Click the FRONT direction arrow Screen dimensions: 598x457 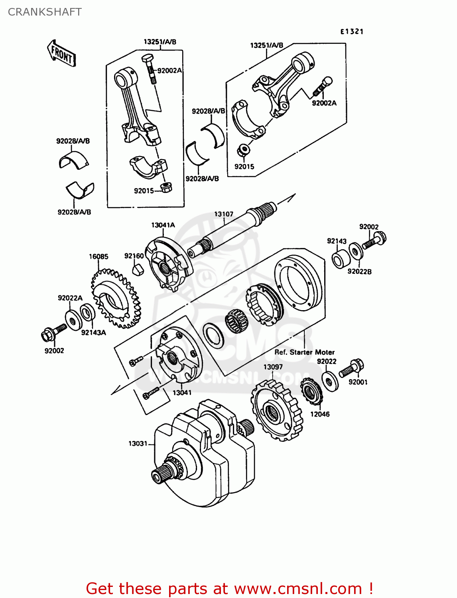click(61, 53)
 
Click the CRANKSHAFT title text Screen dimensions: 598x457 click(45, 12)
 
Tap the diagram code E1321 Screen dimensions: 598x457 click(351, 31)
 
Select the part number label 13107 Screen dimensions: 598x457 click(223, 214)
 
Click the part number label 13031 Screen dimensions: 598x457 click(138, 443)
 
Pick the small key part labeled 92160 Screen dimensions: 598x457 click(138, 269)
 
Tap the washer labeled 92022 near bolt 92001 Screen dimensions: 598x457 click(329, 381)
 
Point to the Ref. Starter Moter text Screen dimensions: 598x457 click(304, 352)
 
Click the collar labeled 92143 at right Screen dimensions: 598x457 click(341, 259)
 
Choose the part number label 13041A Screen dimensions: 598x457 click(163, 225)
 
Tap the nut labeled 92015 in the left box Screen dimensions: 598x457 click(165, 187)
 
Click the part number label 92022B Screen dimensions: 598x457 click(359, 271)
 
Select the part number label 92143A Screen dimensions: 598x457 click(93, 332)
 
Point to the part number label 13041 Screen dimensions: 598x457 click(182, 393)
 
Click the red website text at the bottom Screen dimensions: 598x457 click(229, 588)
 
